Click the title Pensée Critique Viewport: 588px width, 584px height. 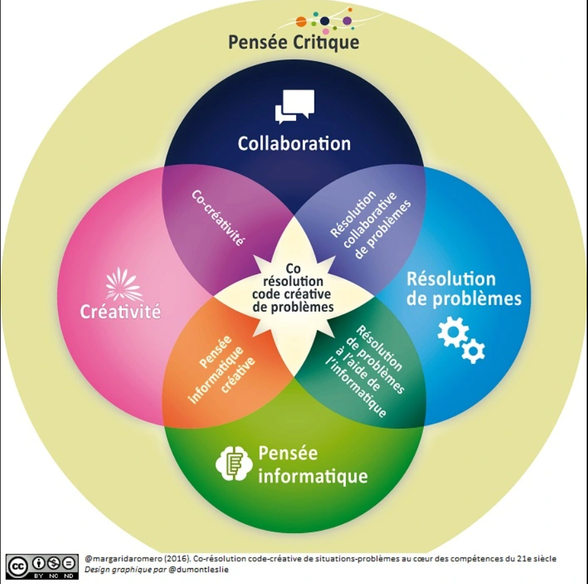point(293,42)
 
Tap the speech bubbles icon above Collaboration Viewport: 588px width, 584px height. point(295,107)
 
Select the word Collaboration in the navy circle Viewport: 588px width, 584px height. point(295,143)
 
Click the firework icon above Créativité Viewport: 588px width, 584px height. point(123,284)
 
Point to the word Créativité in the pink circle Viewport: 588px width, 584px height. point(121,311)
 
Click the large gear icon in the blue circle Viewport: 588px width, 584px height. point(453,332)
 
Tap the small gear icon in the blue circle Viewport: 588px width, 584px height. point(473,351)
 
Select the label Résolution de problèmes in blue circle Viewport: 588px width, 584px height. point(464,289)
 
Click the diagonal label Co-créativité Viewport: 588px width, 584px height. point(218,218)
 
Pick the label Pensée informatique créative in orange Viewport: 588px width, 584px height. point(221,370)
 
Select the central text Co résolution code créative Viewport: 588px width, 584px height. point(293,281)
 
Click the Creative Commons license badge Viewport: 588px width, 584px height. point(42,566)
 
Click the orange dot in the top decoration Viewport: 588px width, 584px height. point(301,22)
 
